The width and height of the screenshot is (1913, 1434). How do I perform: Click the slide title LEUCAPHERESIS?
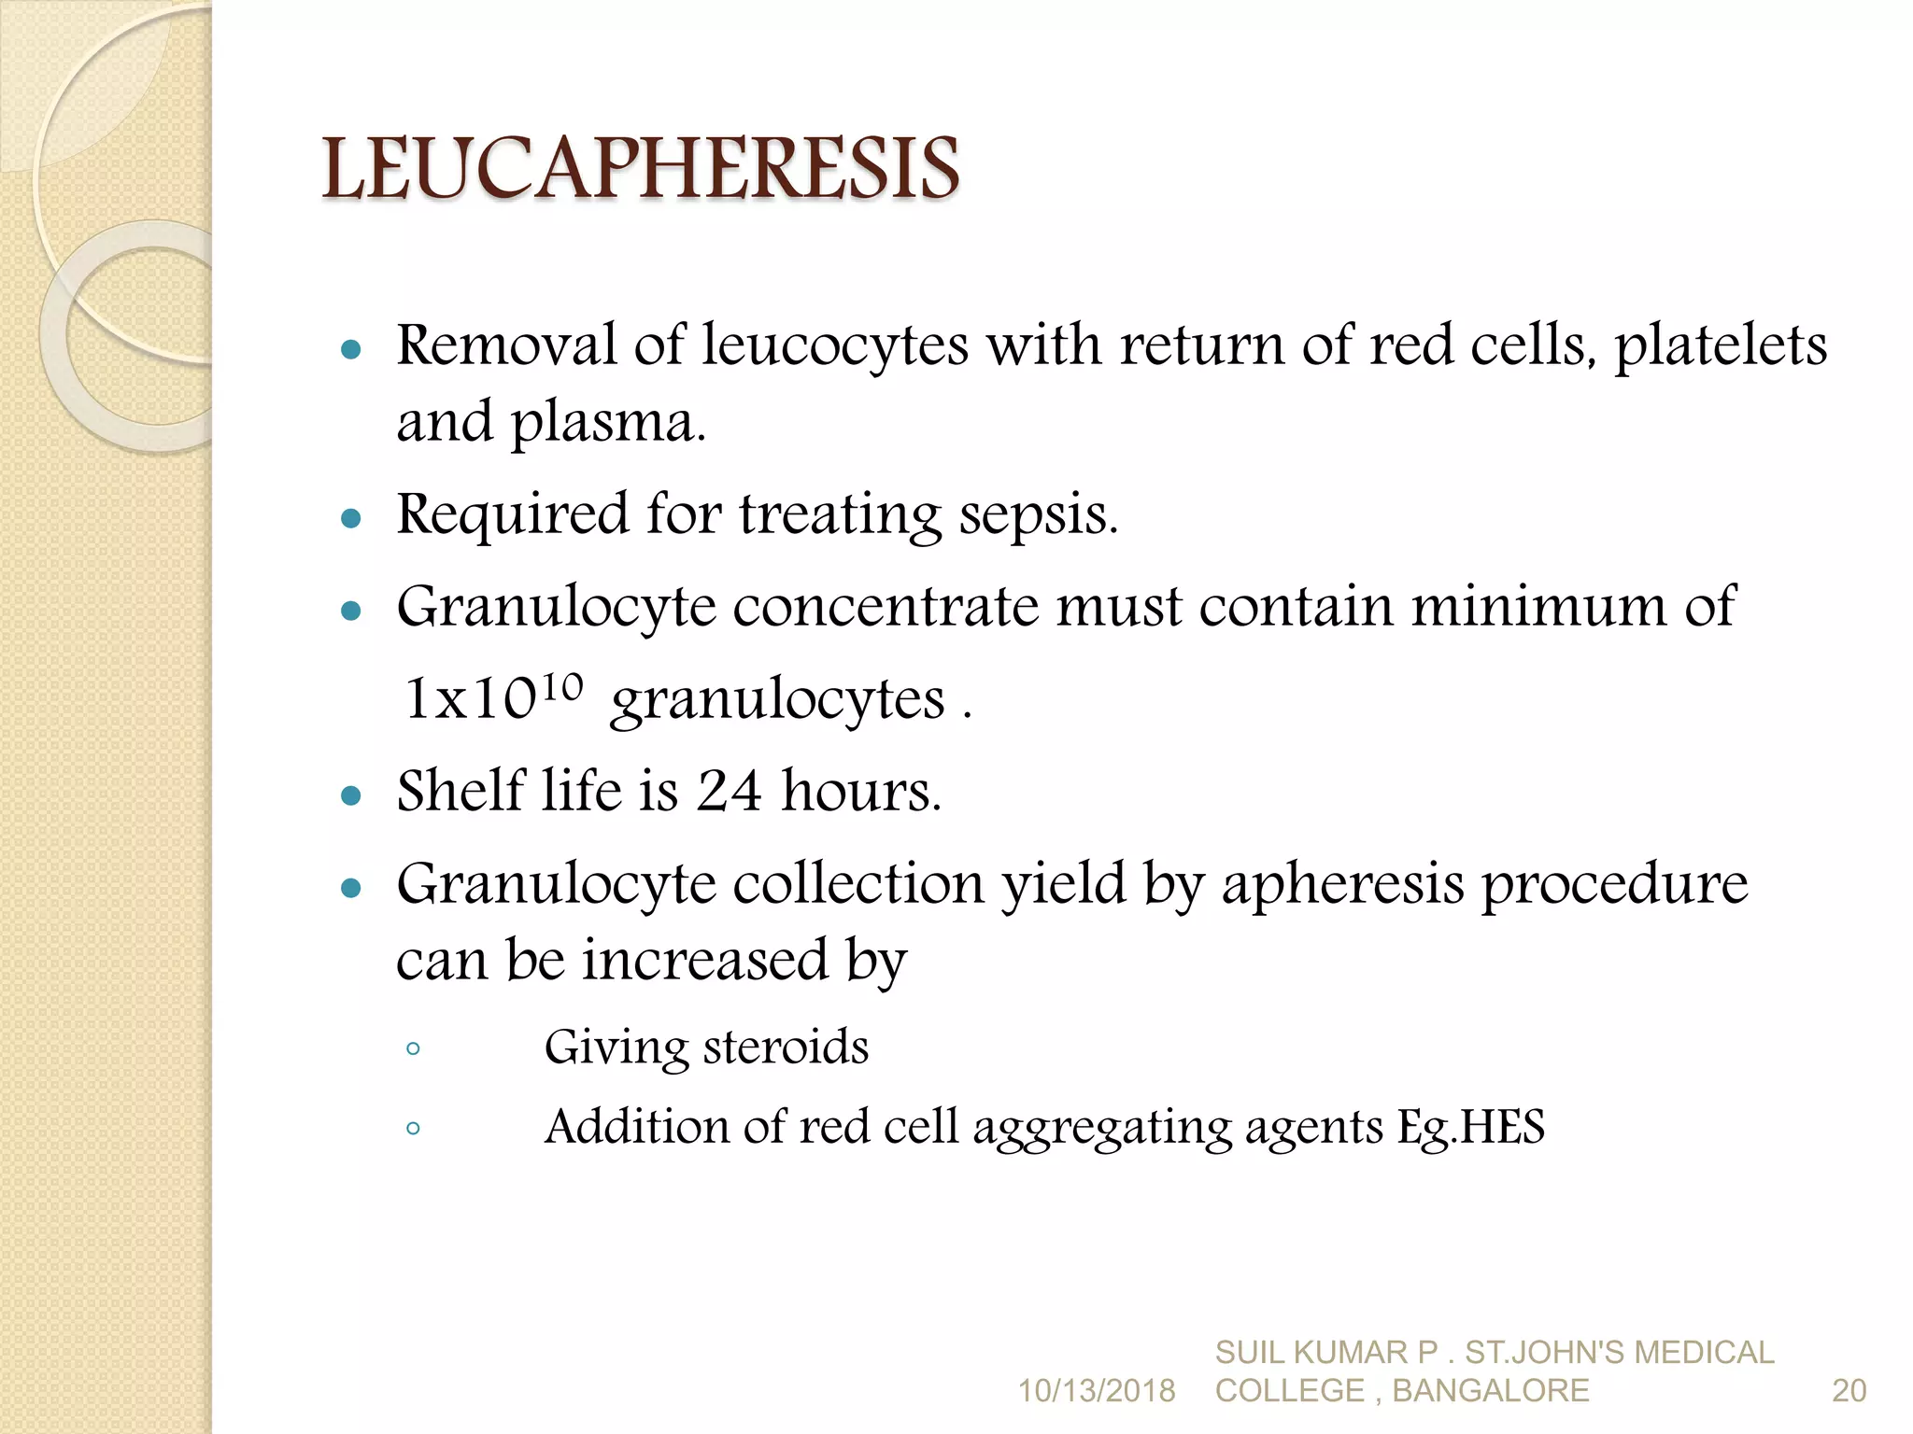point(640,169)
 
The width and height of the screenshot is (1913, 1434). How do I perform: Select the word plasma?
point(606,423)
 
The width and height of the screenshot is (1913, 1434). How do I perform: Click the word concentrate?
point(885,607)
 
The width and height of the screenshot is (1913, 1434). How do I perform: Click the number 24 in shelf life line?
point(729,791)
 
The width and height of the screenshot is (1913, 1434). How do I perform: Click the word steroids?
point(786,1047)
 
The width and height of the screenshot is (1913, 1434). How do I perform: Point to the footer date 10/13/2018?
point(1096,1391)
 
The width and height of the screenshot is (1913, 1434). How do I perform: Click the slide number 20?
point(1849,1391)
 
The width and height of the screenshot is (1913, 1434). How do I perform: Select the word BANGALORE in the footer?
point(1491,1391)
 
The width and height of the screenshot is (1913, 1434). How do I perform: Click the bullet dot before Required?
point(351,518)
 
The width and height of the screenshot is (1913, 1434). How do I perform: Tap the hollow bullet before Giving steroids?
point(413,1049)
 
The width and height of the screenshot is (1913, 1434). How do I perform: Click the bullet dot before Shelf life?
point(351,795)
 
